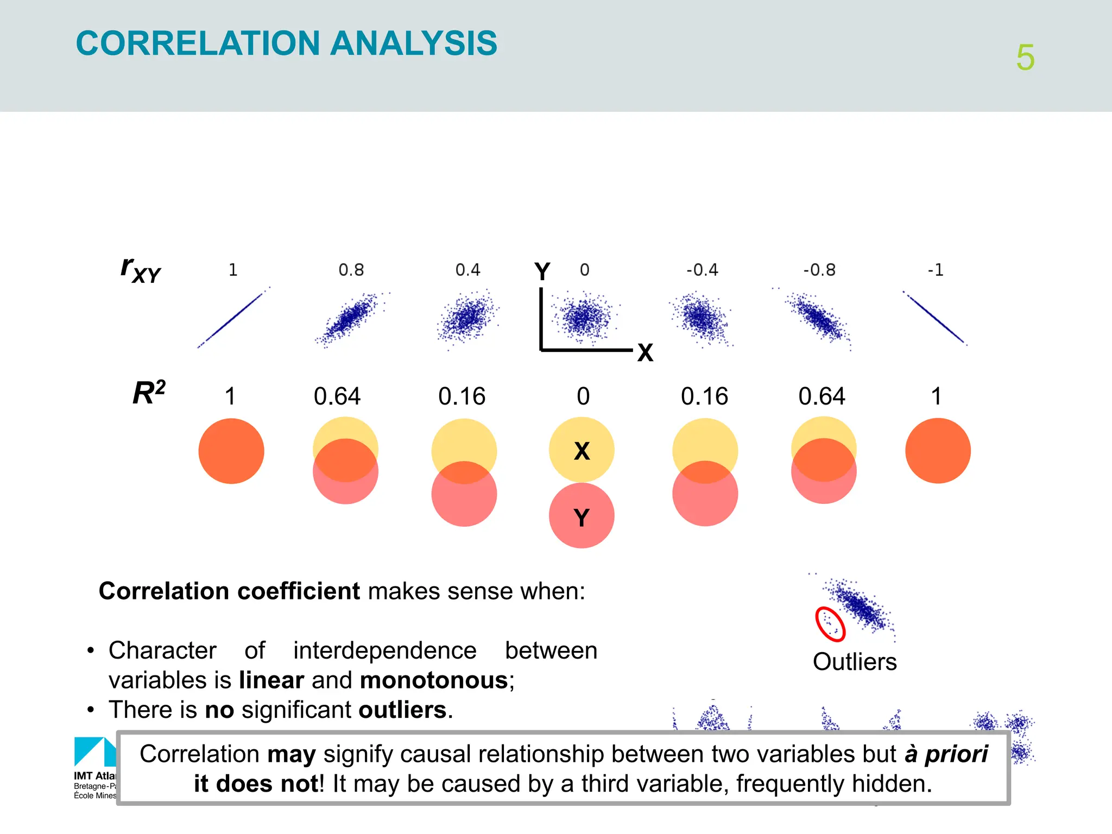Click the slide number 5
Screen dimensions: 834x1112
coord(1025,58)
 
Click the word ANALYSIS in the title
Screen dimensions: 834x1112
coord(414,43)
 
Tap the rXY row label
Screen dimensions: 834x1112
coord(141,269)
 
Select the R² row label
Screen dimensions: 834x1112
coord(149,393)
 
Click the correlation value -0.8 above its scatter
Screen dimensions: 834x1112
coord(819,270)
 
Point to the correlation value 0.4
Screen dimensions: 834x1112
coord(467,270)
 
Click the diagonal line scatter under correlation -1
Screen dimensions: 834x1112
coord(935,318)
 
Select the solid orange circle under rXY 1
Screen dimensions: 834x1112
coord(231,451)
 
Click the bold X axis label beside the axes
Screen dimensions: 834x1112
coord(645,353)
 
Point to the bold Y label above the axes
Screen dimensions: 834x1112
coord(542,271)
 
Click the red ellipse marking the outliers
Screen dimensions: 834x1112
coord(830,624)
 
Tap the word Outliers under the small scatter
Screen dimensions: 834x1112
coord(855,662)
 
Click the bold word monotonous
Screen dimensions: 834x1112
coord(433,680)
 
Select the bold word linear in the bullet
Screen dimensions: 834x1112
coord(271,680)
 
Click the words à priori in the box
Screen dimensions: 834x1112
coord(946,754)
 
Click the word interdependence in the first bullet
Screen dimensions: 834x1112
coord(384,650)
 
